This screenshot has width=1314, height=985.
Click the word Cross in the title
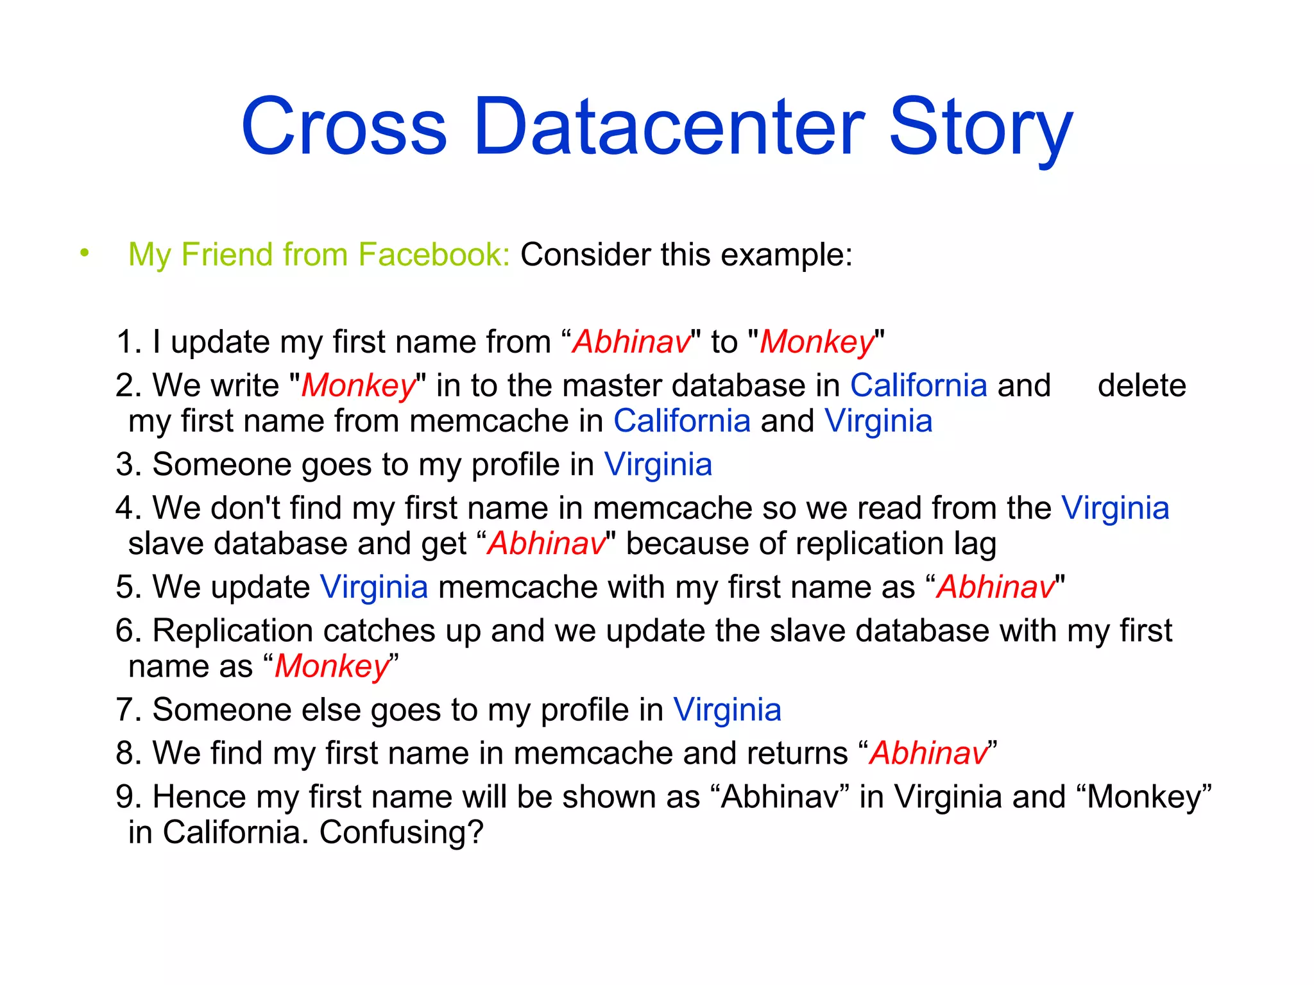point(344,126)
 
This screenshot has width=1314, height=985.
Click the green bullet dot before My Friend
point(84,253)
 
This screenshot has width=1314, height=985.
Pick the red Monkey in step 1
point(817,342)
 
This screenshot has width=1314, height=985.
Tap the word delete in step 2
point(1141,385)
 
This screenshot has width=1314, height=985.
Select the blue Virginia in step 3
point(658,464)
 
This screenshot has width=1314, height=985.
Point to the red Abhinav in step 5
point(995,587)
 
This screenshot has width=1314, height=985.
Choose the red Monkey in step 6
point(332,667)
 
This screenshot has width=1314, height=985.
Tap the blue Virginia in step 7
point(727,710)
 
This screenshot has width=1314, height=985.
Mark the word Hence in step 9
point(199,797)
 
